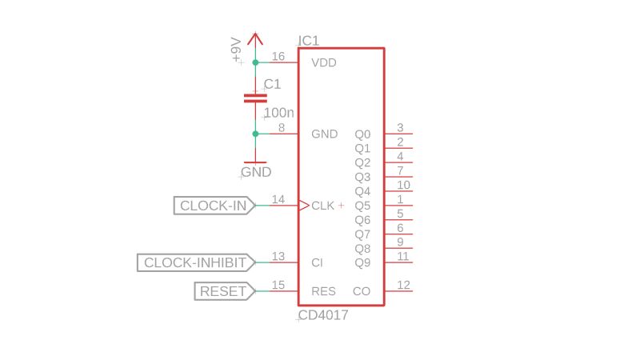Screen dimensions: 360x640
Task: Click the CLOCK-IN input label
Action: click(x=214, y=206)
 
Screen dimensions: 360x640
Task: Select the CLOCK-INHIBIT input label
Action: click(x=195, y=262)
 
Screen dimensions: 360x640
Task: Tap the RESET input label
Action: click(x=223, y=291)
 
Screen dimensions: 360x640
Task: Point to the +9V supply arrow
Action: click(x=255, y=38)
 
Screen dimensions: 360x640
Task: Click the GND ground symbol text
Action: click(x=257, y=172)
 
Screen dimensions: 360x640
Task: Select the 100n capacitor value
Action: click(x=278, y=113)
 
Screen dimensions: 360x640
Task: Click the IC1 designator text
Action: click(x=309, y=41)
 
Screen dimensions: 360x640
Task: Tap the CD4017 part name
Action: click(x=323, y=315)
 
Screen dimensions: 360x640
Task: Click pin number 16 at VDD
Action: click(x=278, y=56)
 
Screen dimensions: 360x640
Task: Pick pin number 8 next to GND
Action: click(x=282, y=127)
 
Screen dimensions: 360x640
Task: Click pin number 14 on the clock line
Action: click(x=278, y=199)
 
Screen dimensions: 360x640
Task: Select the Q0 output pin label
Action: click(x=362, y=134)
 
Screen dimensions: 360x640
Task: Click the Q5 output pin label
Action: click(x=362, y=206)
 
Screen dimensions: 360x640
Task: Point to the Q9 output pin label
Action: click(x=362, y=262)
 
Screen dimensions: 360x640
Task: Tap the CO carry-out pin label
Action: click(x=362, y=291)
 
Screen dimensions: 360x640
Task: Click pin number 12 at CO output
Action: click(x=403, y=285)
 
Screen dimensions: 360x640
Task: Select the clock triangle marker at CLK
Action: click(x=304, y=206)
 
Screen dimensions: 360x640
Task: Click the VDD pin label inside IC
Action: click(x=324, y=62)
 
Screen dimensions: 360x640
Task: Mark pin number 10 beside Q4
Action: click(x=403, y=185)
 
